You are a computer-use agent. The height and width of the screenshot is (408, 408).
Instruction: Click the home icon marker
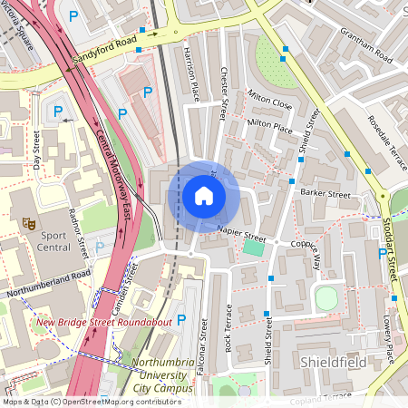pos(203,195)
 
